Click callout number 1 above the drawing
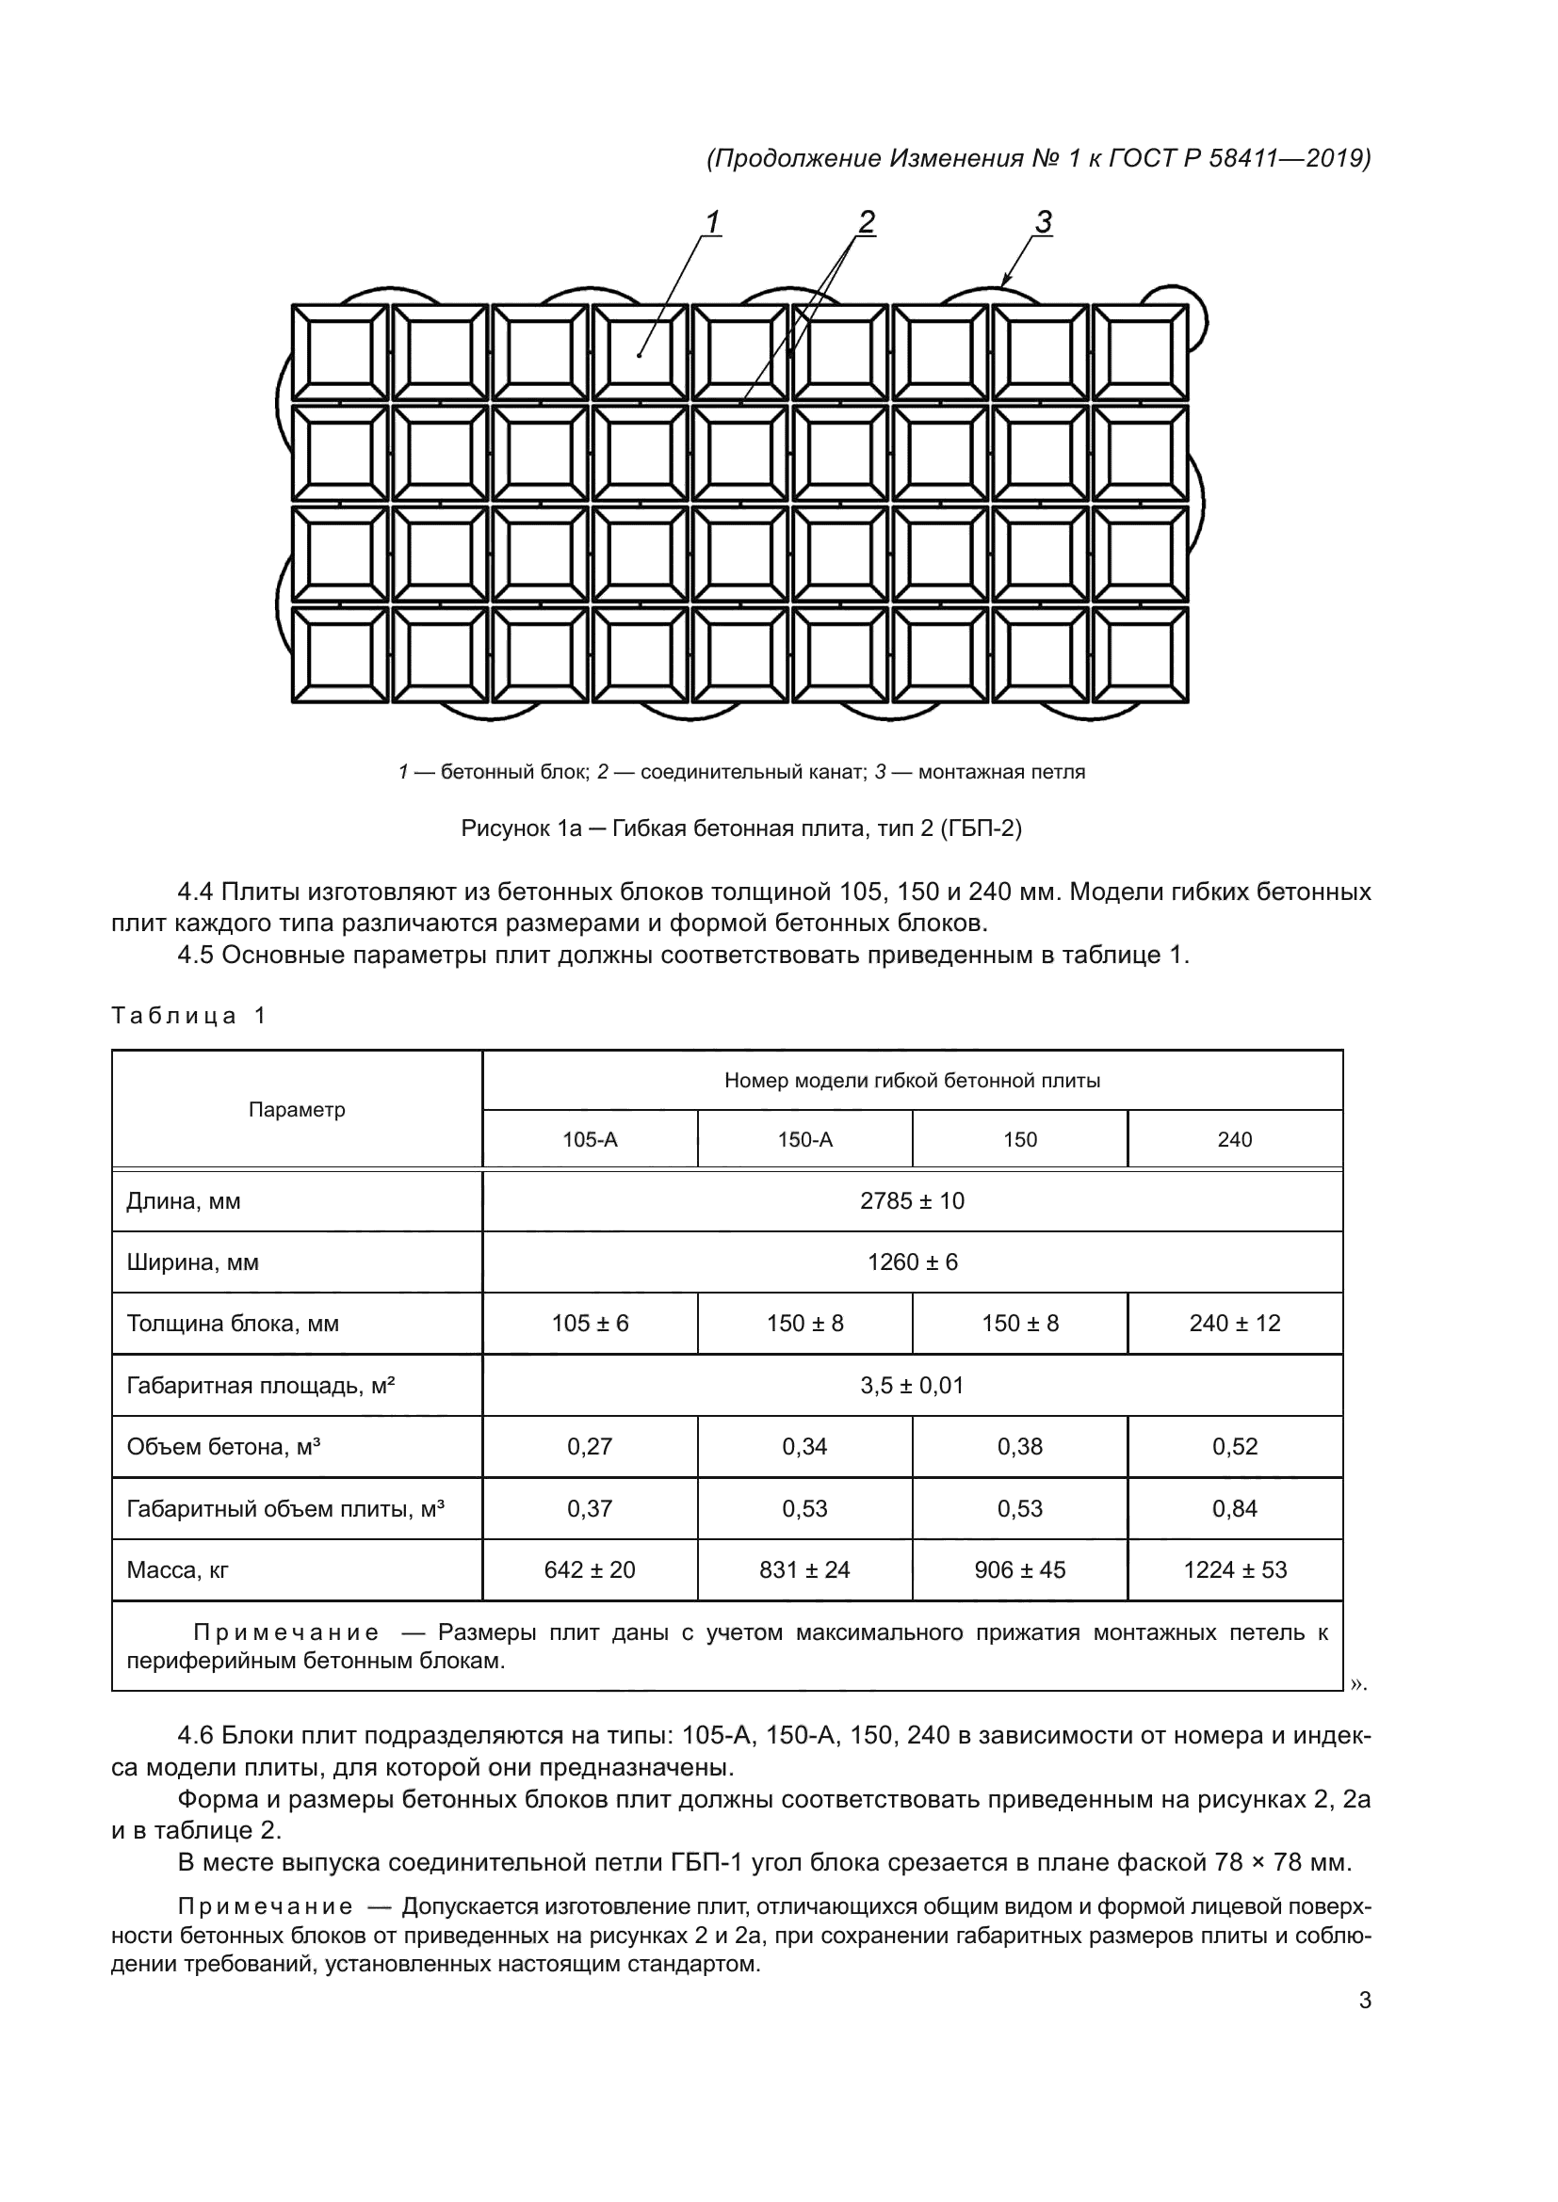712,221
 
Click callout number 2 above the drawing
866,221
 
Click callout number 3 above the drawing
1043,221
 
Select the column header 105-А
589,1139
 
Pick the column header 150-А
803,1139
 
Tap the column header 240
1235,1139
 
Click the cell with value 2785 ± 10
912,1200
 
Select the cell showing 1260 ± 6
912,1262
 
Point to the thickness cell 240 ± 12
1235,1324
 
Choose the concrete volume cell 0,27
589,1446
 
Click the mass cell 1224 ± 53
1235,1570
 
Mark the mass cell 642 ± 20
589,1570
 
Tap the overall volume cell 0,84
1235,1508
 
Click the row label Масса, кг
177,1570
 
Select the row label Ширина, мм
192,1262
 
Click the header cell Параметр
297,1110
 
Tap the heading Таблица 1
188,1016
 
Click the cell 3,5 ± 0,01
912,1385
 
